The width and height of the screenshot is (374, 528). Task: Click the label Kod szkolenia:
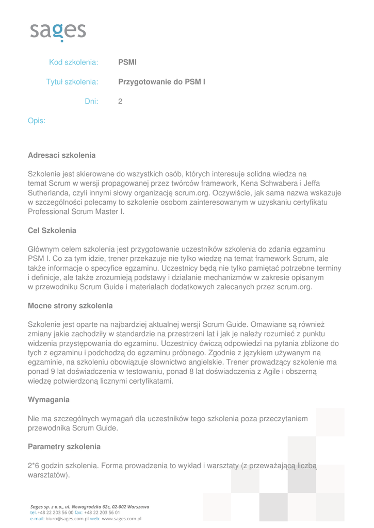(73, 62)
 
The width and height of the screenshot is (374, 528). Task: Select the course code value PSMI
(127, 62)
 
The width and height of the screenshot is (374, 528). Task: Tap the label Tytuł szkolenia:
(72, 82)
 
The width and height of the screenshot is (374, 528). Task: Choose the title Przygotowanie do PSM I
(162, 82)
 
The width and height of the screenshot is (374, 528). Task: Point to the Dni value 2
(120, 102)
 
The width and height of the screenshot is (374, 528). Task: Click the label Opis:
(36, 121)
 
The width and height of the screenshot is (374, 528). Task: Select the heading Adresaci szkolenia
(61, 155)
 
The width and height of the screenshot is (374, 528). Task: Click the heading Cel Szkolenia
(52, 230)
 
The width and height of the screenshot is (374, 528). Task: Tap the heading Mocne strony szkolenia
(70, 306)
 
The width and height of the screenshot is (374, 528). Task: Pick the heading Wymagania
(48, 400)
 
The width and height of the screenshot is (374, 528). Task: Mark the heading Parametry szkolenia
(64, 447)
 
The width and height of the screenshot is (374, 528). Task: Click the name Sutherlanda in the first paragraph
(50, 193)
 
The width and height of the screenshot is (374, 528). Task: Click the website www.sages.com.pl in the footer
(121, 519)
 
